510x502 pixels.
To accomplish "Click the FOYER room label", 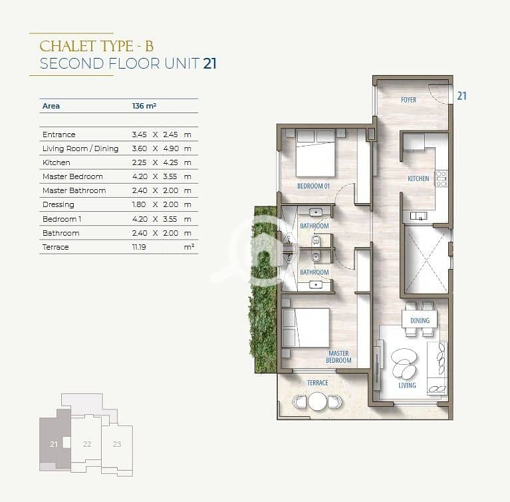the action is click(408, 100).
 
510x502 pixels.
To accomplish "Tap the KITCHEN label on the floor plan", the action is click(418, 178).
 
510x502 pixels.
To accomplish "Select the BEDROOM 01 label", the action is click(313, 186).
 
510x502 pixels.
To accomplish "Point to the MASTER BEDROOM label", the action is click(338, 357).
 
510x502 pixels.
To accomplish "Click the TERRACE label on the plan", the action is click(318, 383).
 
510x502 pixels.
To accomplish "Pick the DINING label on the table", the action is click(420, 320).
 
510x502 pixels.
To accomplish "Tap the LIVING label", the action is click(407, 385).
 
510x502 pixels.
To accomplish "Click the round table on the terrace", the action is click(317, 401).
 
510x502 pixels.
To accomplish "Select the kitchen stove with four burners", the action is click(442, 178).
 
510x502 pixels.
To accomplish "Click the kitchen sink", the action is click(419, 216).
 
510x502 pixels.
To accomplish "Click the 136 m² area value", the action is click(144, 106).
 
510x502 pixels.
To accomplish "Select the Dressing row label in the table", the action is click(59, 204).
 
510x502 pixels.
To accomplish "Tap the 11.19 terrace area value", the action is click(139, 247).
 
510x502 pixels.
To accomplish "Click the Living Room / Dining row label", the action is click(80, 148).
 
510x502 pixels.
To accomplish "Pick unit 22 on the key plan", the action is click(87, 443).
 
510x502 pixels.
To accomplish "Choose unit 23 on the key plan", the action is click(117, 443).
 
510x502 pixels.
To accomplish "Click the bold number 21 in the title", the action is click(210, 63).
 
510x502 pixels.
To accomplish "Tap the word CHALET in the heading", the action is click(68, 46).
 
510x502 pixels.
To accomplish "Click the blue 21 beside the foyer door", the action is click(462, 96).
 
